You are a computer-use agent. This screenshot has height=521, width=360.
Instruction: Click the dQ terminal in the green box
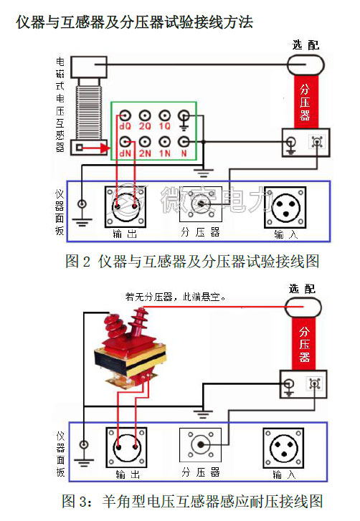tap(125, 115)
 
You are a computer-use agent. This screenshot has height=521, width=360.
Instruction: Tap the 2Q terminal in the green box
tap(146, 115)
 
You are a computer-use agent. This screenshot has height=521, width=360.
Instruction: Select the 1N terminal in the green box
tap(166, 140)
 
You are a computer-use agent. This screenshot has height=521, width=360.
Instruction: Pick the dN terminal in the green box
tap(125, 140)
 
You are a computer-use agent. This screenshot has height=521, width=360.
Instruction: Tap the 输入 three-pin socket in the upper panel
tap(284, 205)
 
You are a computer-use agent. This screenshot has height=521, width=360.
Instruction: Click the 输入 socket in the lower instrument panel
tap(284, 447)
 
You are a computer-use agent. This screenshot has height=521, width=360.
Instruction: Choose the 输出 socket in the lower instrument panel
tap(126, 447)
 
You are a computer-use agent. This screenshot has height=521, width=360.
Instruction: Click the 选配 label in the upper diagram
tap(305, 44)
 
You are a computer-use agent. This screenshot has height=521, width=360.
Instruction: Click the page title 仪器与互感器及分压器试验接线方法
tap(135, 23)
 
